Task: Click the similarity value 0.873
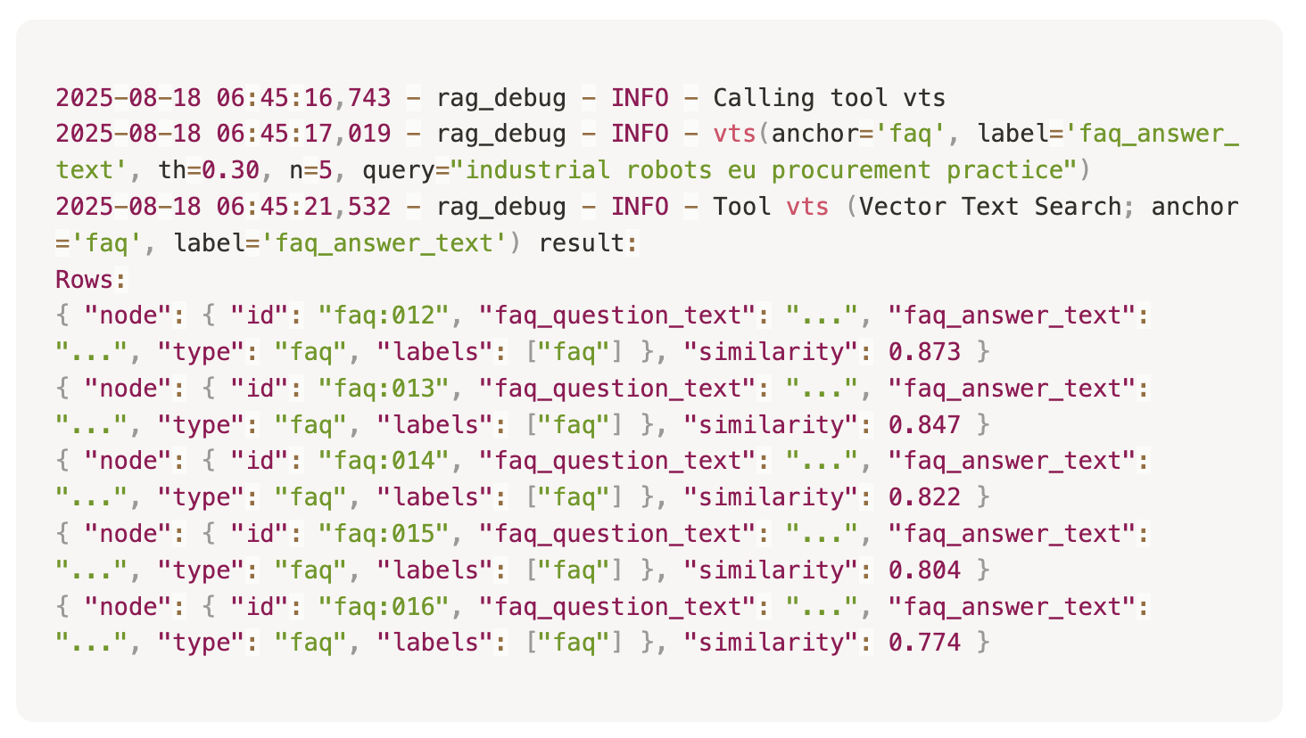924,352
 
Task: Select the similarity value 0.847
924,425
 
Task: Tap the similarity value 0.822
924,497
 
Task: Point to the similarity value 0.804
924,570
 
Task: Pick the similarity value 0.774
924,643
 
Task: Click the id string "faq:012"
384,316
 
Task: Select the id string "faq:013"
384,389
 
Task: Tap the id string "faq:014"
384,461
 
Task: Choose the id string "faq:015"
384,534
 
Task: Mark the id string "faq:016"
384,607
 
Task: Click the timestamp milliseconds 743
369,98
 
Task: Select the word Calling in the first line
764,98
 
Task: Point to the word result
582,243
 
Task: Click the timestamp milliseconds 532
369,207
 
